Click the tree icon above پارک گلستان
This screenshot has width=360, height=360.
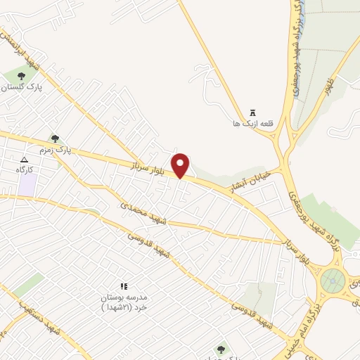pyautogui.click(x=21, y=75)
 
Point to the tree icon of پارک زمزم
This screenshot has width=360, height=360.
pyautogui.click(x=55, y=139)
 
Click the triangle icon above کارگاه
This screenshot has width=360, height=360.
pyautogui.click(x=25, y=160)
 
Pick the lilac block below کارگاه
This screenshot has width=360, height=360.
pyautogui.click(x=27, y=185)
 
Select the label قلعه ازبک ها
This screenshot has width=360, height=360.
pyautogui.click(x=252, y=124)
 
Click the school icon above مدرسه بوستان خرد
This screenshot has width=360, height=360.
pyautogui.click(x=124, y=286)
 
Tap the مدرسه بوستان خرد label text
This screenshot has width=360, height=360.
pyautogui.click(x=123, y=302)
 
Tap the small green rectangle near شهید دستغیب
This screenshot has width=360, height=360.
pyautogui.click(x=28, y=285)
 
